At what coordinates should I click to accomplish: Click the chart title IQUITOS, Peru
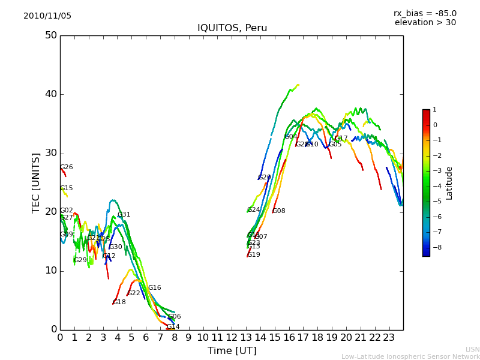[232, 28]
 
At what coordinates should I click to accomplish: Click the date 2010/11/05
[47, 16]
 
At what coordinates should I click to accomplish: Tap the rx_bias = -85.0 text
[425, 13]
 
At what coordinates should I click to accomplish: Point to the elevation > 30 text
[425, 23]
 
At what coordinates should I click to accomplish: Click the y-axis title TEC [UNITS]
[36, 182]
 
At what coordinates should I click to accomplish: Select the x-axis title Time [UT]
[232, 351]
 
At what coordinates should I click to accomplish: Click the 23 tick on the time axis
[389, 338]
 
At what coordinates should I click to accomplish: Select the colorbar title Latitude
[449, 183]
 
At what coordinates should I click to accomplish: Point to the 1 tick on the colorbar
[434, 110]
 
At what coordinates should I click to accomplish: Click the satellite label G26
[67, 167]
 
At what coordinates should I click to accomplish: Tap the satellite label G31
[124, 215]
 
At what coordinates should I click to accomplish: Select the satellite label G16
[155, 288]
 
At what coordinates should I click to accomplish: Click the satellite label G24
[254, 210]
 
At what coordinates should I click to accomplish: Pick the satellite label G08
[279, 211]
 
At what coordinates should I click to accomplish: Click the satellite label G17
[341, 139]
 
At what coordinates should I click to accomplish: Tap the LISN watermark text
[472, 349]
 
